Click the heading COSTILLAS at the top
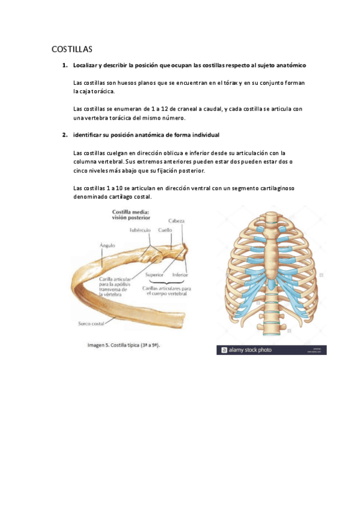click(71, 49)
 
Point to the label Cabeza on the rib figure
click(176, 221)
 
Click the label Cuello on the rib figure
click(165, 230)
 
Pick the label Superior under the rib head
click(154, 275)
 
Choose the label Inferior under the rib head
click(180, 275)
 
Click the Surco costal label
click(91, 324)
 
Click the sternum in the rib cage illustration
click(272, 247)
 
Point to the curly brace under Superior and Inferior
click(168, 281)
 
